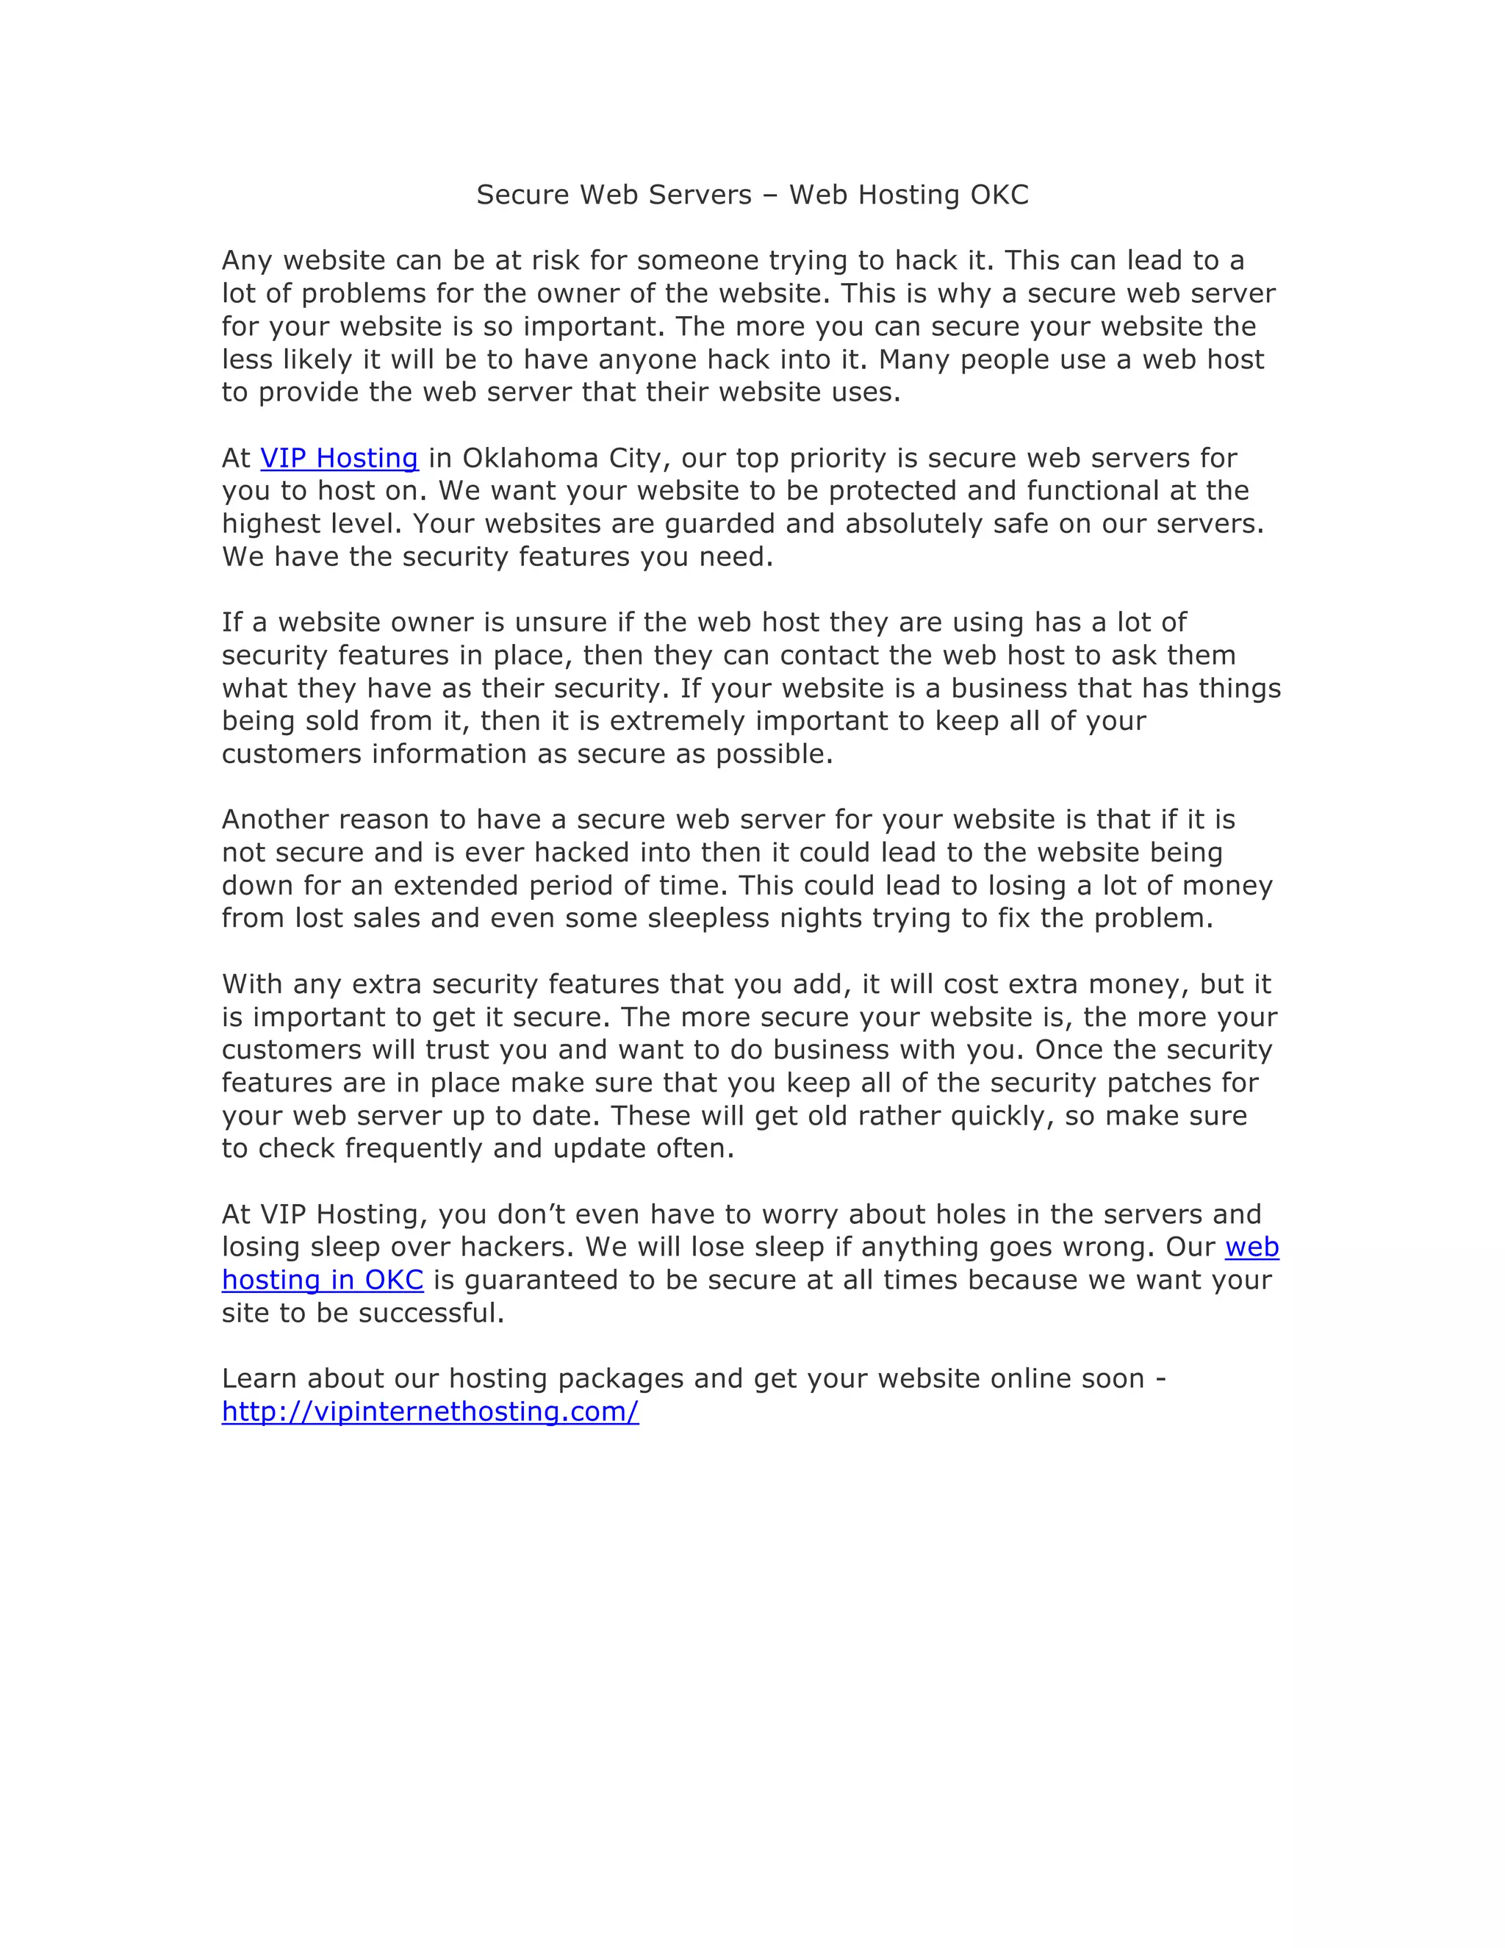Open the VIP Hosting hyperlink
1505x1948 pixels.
tap(339, 459)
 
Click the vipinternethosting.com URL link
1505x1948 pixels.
tap(430, 1412)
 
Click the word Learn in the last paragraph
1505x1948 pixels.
tap(259, 1379)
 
